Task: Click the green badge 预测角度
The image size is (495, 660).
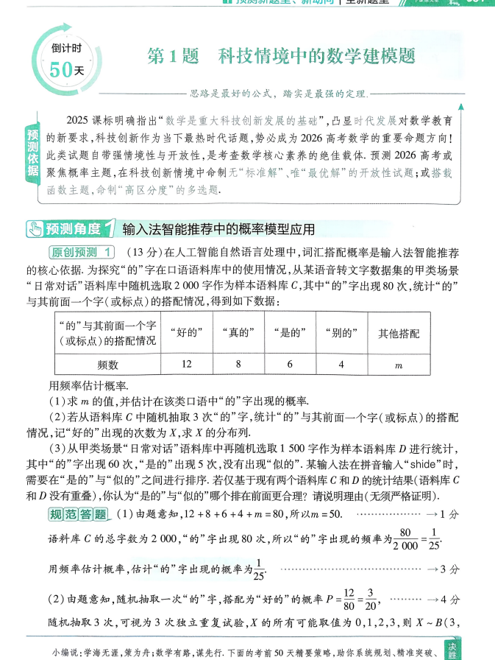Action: tap(70, 228)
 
